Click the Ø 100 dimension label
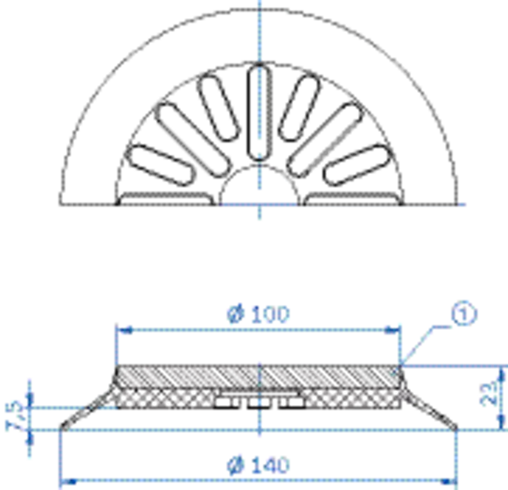click(258, 314)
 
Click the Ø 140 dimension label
click(258, 465)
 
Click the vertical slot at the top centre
click(260, 112)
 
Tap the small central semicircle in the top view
click(260, 185)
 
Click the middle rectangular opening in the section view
click(260, 403)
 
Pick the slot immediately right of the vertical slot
click(299, 108)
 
